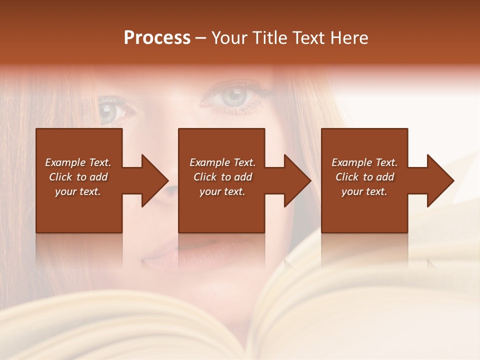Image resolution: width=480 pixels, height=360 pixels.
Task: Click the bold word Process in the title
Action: coord(157,38)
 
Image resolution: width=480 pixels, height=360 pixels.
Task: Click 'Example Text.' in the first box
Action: coord(78,162)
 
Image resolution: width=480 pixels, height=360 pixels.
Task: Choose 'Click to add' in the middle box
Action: coord(222,177)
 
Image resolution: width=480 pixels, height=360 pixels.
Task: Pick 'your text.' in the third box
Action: coord(364,191)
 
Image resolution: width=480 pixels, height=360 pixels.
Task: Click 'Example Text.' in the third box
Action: coord(364,162)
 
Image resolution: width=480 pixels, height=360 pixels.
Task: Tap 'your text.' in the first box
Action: coord(78,191)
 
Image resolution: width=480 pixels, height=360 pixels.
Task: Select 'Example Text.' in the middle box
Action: coord(222,162)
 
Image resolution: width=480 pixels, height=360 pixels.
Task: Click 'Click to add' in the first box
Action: coord(78,177)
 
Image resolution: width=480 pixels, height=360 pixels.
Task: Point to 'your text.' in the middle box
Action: coord(222,191)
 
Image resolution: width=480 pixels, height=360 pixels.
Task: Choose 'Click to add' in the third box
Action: coord(364,177)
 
